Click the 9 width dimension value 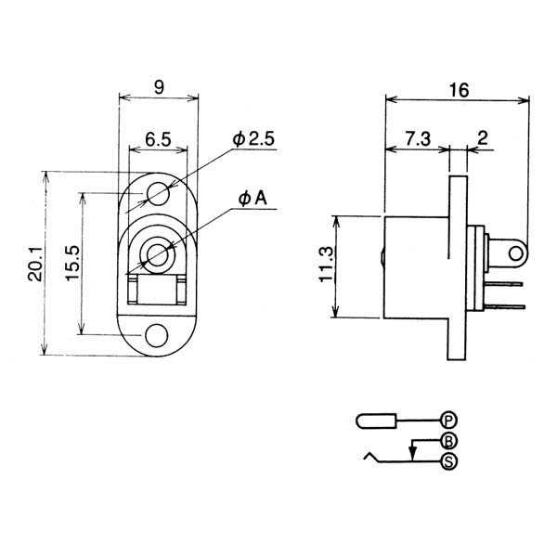(159, 87)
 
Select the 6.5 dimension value (158, 139)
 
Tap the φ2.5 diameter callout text (253, 138)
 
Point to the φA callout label (253, 199)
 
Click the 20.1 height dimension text (35, 264)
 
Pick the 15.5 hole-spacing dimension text (72, 263)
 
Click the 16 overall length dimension (459, 90)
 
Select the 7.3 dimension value (418, 138)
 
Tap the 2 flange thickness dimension (483, 138)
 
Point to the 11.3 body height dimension (327, 264)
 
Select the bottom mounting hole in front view (157, 336)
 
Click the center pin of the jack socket (156, 254)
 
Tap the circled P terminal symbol (448, 421)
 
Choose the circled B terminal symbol (448, 442)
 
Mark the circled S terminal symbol (448, 461)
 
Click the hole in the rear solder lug (516, 254)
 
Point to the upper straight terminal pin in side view (503, 284)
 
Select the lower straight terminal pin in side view (504, 306)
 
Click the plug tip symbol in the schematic (376, 421)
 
